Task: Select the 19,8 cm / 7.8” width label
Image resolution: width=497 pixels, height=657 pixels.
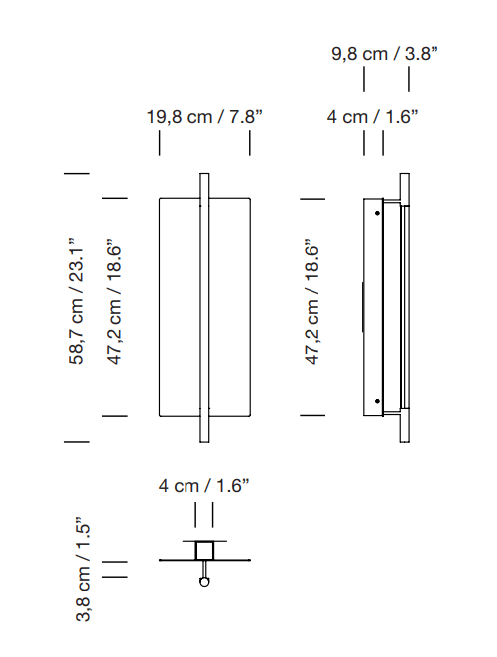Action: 204,117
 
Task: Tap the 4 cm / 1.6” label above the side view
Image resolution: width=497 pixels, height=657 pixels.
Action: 373,117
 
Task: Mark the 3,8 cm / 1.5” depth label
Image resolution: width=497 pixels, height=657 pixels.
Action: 84,573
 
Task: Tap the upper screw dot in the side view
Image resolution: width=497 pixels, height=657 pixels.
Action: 378,211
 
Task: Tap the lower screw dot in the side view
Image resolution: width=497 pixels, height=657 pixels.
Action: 378,402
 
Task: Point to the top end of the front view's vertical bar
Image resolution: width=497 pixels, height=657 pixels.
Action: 204,177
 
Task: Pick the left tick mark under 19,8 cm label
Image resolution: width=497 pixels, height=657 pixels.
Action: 160,143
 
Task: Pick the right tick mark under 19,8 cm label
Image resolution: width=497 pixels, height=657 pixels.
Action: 249,143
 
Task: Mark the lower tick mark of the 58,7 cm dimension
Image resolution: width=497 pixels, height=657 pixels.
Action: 77,440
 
